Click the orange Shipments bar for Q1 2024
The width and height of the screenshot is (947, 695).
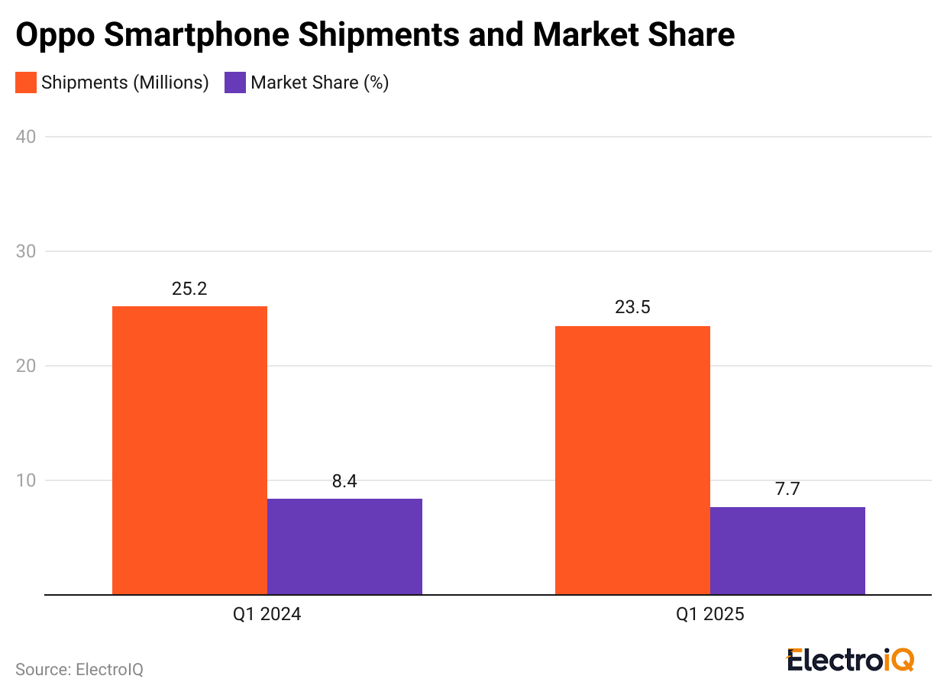click(x=189, y=450)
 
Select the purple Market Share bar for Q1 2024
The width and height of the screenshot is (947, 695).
click(x=344, y=546)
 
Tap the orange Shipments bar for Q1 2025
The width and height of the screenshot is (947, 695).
click(x=632, y=460)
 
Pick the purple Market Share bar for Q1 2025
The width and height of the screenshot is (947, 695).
click(x=787, y=550)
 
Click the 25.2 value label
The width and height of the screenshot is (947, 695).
click(x=189, y=289)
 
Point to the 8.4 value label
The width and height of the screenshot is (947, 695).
click(x=344, y=482)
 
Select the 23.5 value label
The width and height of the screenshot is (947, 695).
click(x=632, y=309)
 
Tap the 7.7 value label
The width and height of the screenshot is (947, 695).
click(x=787, y=490)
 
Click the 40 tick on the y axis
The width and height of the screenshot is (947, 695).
click(x=26, y=137)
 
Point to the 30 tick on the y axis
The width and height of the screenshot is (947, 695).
click(x=26, y=251)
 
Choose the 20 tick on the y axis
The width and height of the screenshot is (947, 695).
click(x=26, y=366)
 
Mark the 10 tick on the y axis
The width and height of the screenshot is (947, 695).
click(x=26, y=480)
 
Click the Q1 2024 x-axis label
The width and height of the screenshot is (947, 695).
click(x=267, y=615)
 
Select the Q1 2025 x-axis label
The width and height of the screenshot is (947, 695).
click(x=709, y=615)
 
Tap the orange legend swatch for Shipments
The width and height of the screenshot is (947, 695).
click(x=26, y=82)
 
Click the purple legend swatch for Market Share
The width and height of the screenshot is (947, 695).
click(x=235, y=82)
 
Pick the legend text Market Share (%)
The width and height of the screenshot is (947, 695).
click(x=319, y=82)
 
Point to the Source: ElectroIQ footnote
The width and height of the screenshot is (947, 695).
click(x=79, y=669)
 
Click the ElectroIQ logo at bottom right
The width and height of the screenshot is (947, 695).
click(x=850, y=660)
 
